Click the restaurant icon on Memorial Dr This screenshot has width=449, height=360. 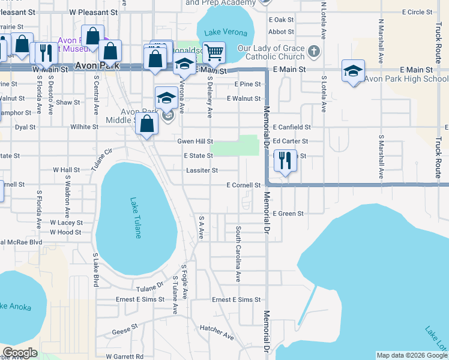tap(285, 161)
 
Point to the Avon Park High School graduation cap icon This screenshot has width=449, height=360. tap(354, 71)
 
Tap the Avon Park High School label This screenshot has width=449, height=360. tap(406, 79)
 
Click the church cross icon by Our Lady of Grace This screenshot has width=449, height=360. tap(313, 52)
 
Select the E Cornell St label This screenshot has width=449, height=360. tap(244, 185)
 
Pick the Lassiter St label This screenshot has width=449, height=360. tap(202, 170)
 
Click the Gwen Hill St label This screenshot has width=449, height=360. tap(195, 141)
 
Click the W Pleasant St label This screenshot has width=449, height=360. tap(93, 11)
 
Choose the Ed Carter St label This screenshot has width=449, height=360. tap(291, 141)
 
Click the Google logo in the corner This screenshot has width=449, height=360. tap(20, 353)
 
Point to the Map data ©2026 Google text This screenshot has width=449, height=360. tap(411, 355)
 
